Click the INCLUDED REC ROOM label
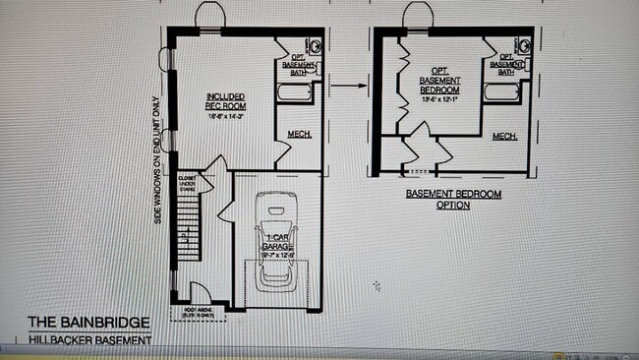tap(225, 101)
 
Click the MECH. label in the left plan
tap(300, 135)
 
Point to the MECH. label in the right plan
tap(505, 136)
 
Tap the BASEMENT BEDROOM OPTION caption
tap(454, 200)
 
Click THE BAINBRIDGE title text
tap(88, 322)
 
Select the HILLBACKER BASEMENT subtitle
tap(89, 340)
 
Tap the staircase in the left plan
tap(187, 236)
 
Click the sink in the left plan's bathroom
tap(315, 45)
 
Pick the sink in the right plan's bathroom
tap(521, 45)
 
